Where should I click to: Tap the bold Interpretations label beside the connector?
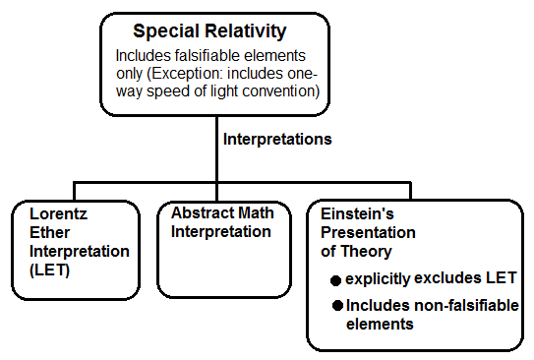coord(277,139)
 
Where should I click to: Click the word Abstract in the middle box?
coord(200,213)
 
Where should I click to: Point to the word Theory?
coord(365,251)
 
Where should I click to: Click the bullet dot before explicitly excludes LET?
coord(336,278)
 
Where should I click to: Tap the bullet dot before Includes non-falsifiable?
coord(336,306)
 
